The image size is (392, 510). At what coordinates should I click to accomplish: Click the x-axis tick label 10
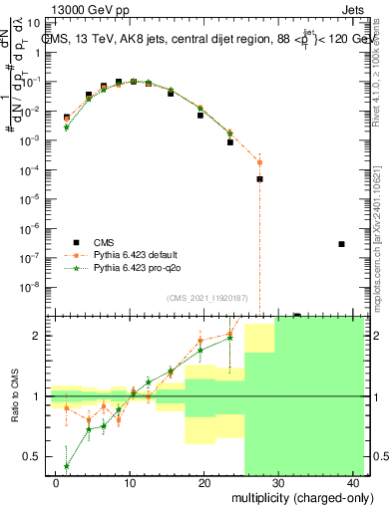coord(130,483)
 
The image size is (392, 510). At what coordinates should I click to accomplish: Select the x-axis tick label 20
coord(204,483)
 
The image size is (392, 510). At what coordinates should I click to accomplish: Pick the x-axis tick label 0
coord(56,483)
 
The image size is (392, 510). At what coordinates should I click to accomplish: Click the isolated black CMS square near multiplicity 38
coord(341,244)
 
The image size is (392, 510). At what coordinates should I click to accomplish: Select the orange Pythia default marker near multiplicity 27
coord(259,161)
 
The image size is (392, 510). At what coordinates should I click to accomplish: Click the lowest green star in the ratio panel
coord(67,466)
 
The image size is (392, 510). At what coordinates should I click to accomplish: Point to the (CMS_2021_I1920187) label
coord(200,297)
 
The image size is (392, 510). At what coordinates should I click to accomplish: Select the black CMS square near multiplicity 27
coord(259,179)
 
